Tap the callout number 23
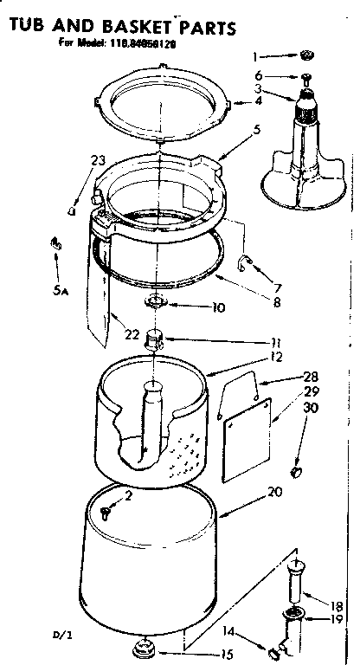(x=97, y=159)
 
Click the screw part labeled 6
(x=305, y=77)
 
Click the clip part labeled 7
(x=245, y=261)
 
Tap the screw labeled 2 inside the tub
(x=106, y=512)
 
